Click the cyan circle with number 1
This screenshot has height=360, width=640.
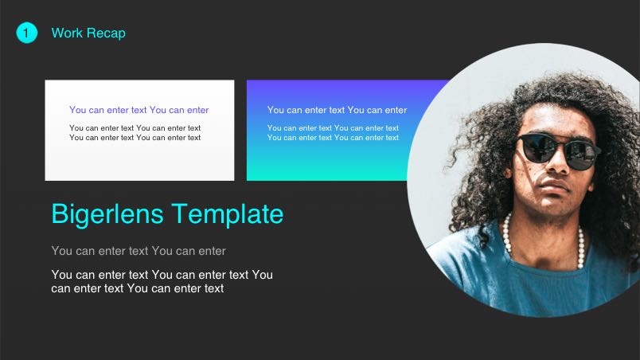pyautogui.click(x=27, y=33)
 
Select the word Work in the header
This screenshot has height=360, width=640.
pyautogui.click(x=67, y=33)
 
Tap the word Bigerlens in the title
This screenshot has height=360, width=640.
pyautogui.click(x=107, y=214)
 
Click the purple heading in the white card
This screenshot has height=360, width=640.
pyautogui.click(x=139, y=110)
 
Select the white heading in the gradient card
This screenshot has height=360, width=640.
pyautogui.click(x=337, y=110)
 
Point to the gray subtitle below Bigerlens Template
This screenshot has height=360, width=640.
pyautogui.click(x=139, y=251)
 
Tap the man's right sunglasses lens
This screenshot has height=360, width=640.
pyautogui.click(x=583, y=152)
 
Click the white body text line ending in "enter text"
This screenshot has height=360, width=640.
pyautogui.click(x=137, y=288)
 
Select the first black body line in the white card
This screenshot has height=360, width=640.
pyautogui.click(x=135, y=127)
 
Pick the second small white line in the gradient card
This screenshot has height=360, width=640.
pyautogui.click(x=333, y=138)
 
